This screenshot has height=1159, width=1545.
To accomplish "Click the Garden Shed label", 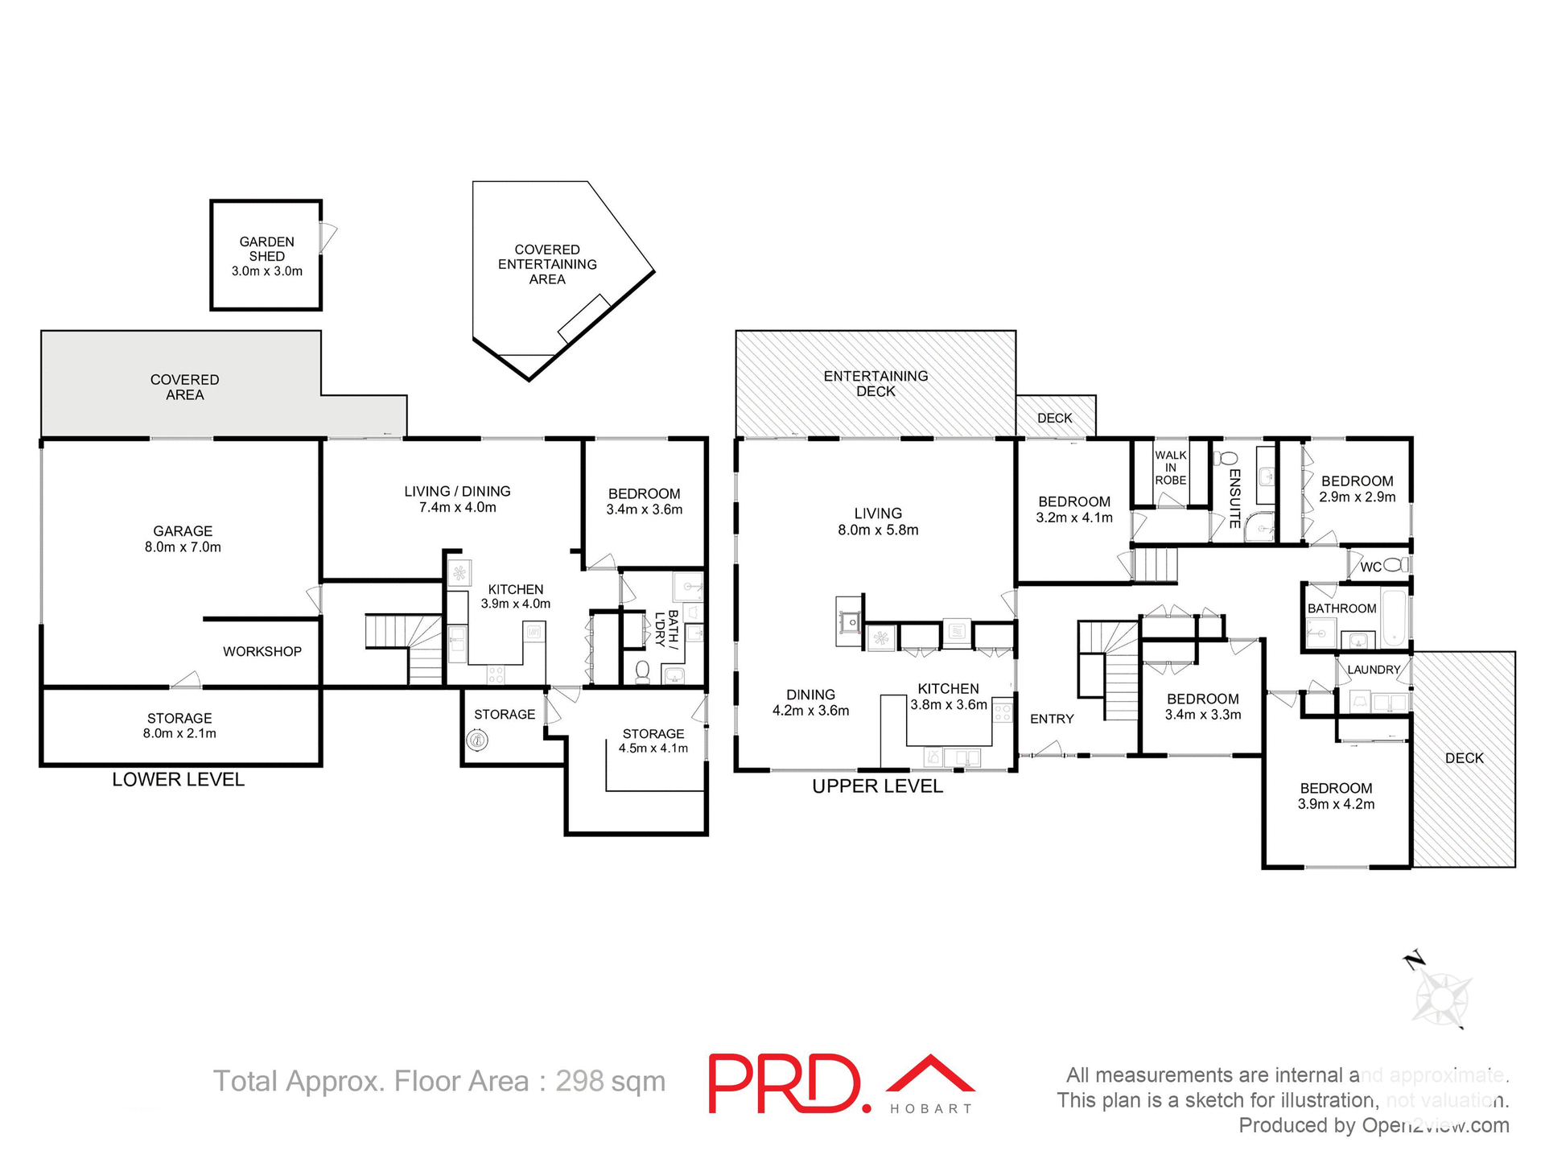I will (266, 249).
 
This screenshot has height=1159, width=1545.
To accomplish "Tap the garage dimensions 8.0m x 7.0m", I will (183, 547).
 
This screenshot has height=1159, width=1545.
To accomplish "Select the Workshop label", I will (262, 651).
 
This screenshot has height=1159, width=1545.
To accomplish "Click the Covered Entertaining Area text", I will (547, 264).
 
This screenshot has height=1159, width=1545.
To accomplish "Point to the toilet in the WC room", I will (1398, 565).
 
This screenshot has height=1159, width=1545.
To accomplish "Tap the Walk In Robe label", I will (1170, 468).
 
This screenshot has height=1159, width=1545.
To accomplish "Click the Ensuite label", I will (1235, 498).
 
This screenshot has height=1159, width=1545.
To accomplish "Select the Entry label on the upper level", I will (1052, 719).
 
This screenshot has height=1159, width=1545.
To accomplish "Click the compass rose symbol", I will (1441, 999).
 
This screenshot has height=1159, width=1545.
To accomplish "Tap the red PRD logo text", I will (788, 1084).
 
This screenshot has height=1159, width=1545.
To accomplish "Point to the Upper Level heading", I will (877, 786).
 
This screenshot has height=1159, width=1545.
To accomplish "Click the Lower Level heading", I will (178, 779).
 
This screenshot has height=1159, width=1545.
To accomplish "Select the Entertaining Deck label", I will (875, 383).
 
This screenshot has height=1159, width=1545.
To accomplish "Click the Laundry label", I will (1374, 670).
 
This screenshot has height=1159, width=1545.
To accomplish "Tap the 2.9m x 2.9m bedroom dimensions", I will (1357, 497).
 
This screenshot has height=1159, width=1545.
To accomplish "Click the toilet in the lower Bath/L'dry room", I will (642, 671).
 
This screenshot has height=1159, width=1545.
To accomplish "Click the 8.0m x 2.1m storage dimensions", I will (179, 734).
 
